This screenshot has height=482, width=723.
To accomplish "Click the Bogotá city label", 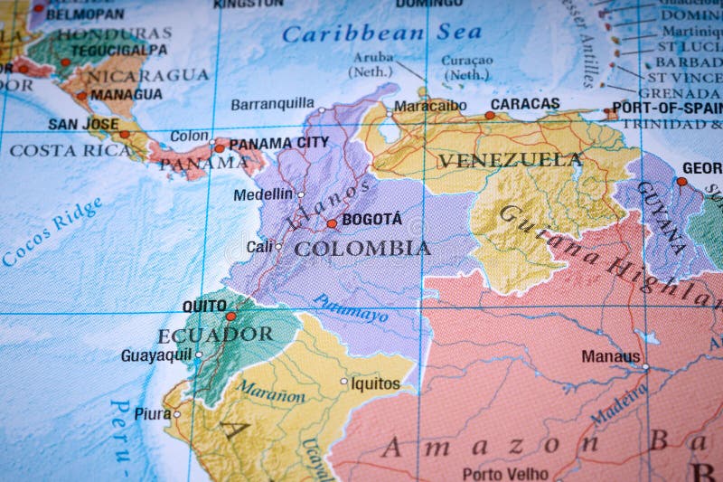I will pyautogui.click(x=372, y=219).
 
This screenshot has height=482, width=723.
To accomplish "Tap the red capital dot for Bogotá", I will pyautogui.click(x=332, y=223).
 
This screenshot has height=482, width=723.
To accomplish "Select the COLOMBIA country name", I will pyautogui.click(x=362, y=248).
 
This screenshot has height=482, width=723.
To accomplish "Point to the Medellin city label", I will pyautogui.click(x=263, y=194).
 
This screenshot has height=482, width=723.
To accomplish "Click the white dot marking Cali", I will pyautogui.click(x=278, y=246).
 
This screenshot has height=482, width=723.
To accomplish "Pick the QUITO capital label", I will pyautogui.click(x=204, y=306).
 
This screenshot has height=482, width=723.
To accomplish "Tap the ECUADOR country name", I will pyautogui.click(x=215, y=335).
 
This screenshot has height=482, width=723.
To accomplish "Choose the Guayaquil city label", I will pyautogui.click(x=156, y=355).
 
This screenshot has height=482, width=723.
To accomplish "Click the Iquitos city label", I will pyautogui.click(x=375, y=383).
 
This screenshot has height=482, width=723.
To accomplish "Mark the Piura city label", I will pyautogui.click(x=152, y=413).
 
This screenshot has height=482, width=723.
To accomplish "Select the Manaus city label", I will pyautogui.click(x=611, y=356).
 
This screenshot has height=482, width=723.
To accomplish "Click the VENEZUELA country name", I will pyautogui.click(x=510, y=160).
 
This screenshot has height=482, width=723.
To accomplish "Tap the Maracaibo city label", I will pyautogui.click(x=430, y=106).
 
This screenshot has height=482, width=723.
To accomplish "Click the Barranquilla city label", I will pyautogui.click(x=272, y=104).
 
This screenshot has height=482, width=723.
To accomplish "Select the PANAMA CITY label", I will pyautogui.click(x=278, y=143).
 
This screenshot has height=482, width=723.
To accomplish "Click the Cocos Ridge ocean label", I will pyautogui.click(x=52, y=232).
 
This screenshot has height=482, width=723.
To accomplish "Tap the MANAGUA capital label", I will pyautogui.click(x=127, y=94).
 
